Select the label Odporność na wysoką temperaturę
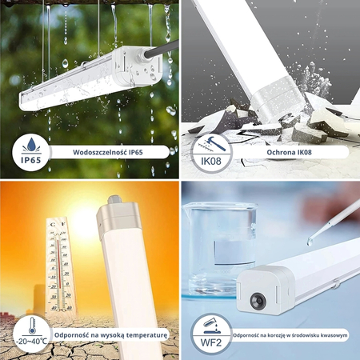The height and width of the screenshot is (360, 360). click(x=111, y=334)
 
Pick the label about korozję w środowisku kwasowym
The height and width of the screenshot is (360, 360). click(x=290, y=334)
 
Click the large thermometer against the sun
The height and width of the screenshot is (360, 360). click(x=62, y=264)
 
